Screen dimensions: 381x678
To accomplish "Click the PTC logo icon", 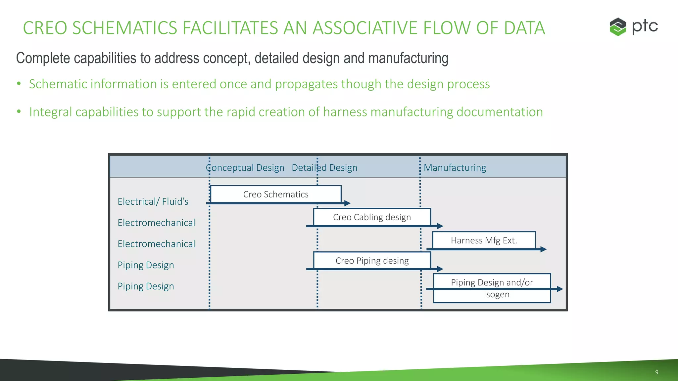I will [618, 26].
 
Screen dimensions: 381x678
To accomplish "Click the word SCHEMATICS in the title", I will [124, 28].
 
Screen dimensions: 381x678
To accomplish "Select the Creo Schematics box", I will [276, 194].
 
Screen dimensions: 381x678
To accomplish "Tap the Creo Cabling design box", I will [372, 217].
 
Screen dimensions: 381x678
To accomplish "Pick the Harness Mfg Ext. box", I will [484, 240].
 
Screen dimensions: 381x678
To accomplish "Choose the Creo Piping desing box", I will [372, 261].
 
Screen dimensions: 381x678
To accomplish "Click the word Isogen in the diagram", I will [496, 294].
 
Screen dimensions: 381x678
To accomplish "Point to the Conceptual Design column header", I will [245, 168].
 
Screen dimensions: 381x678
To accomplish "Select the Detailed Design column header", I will [324, 168].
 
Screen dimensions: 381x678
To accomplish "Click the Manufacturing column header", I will [455, 168].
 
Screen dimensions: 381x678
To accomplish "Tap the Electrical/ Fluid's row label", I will [153, 201].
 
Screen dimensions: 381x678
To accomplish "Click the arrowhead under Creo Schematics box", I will [347, 203].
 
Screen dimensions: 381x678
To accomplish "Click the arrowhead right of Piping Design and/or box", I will [560, 289].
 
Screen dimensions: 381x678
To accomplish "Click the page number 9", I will [656, 372].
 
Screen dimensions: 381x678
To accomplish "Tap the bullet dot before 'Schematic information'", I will [19, 84].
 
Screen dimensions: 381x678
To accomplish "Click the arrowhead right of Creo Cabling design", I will [440, 226].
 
